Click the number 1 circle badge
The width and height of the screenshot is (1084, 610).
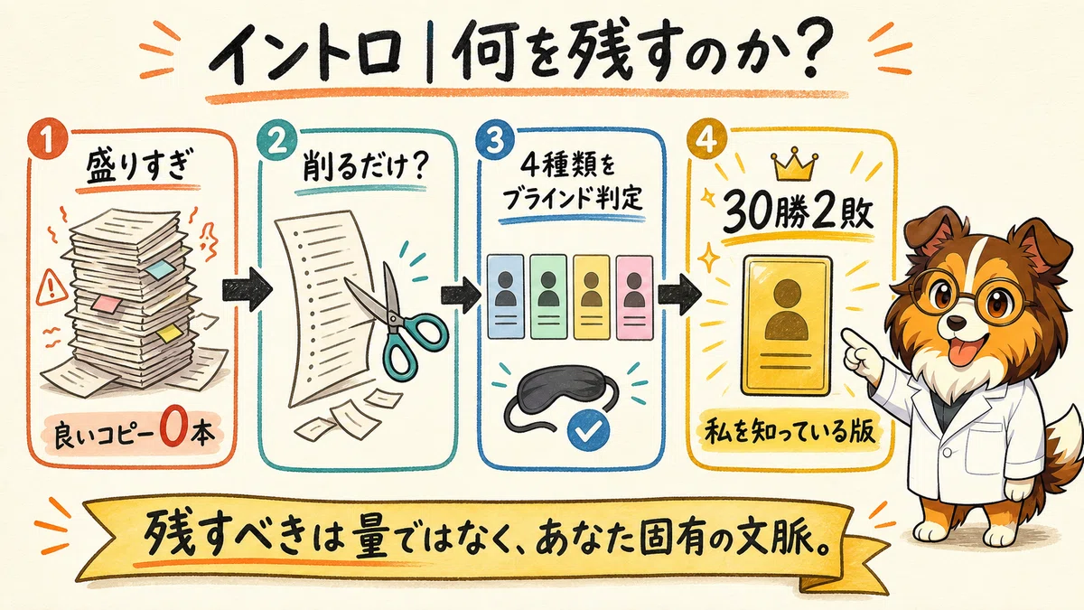[x=47, y=141]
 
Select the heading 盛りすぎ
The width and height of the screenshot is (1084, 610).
[x=137, y=168]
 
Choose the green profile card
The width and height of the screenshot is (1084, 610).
[x=548, y=296]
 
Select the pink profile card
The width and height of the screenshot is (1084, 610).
[x=634, y=297]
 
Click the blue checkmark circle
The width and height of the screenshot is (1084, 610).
[x=589, y=430]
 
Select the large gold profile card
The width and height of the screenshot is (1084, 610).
[x=786, y=325]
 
